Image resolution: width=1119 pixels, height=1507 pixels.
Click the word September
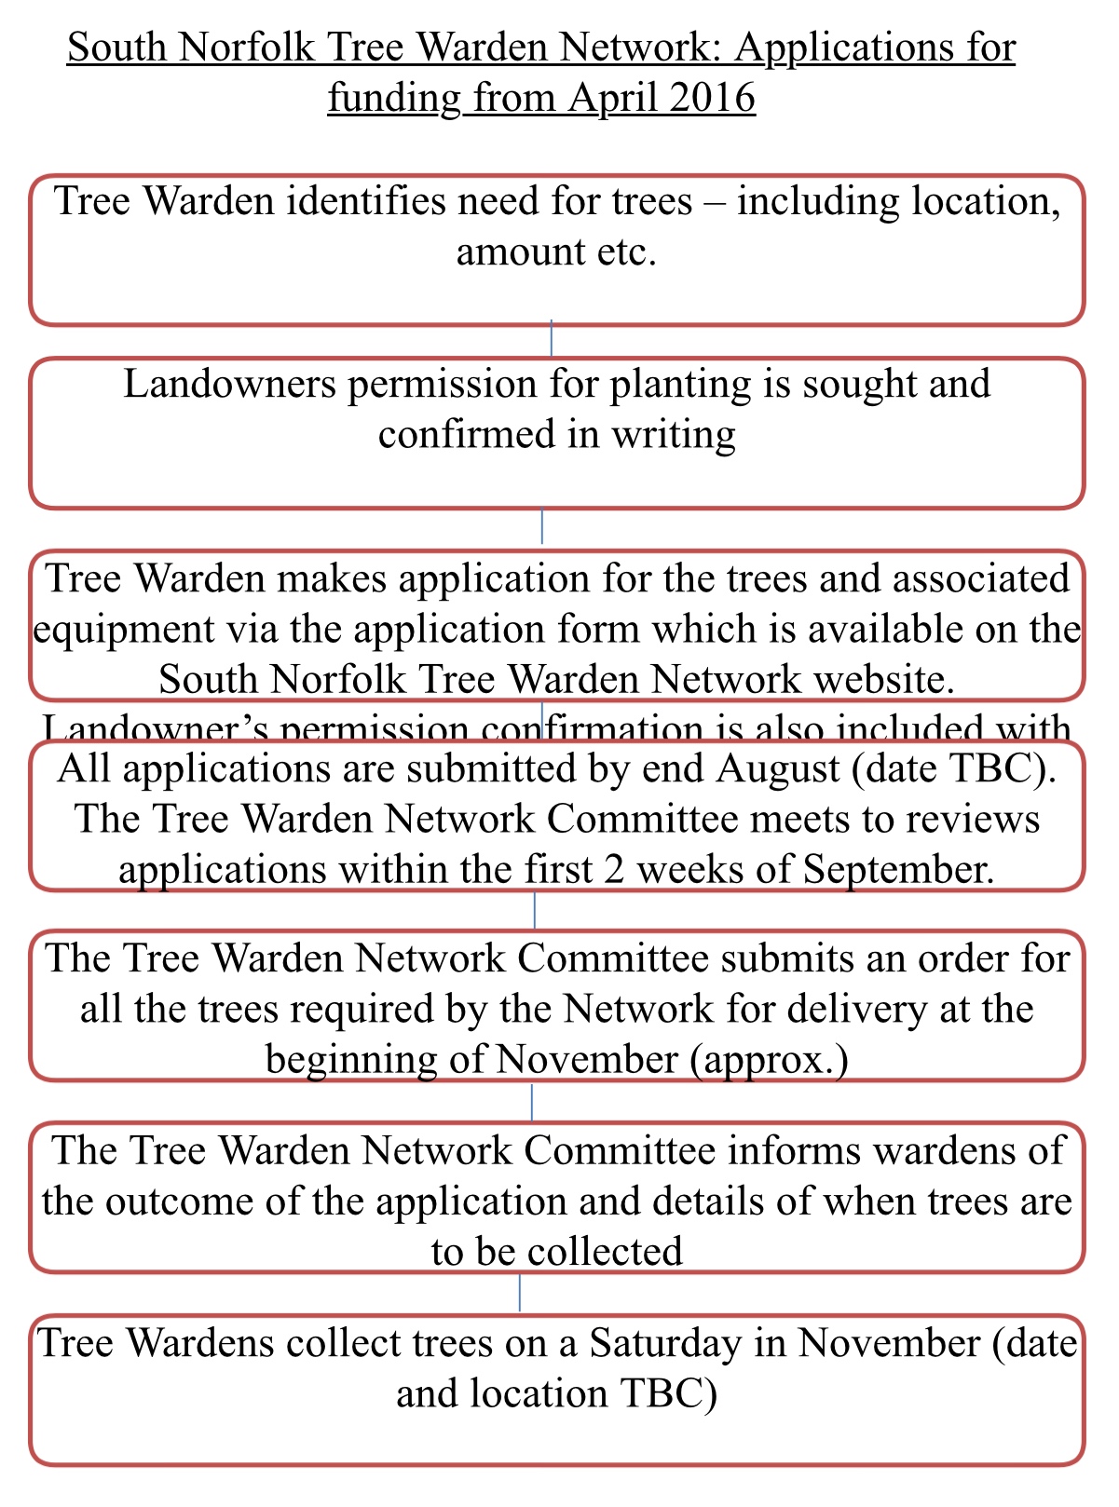point(899,869)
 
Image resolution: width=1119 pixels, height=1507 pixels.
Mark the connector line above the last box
point(520,1294)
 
